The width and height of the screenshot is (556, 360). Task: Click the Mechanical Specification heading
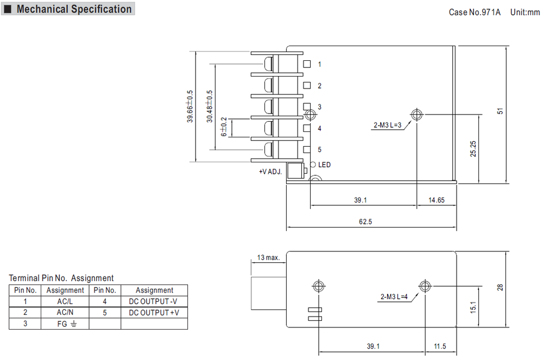(74, 9)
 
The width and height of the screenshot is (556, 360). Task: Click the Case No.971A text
(474, 12)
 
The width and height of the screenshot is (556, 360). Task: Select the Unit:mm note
(525, 12)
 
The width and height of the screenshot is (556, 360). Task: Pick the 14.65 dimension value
(436, 200)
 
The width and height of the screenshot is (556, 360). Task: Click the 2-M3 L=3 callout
(387, 125)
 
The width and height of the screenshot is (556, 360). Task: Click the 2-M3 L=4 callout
(394, 297)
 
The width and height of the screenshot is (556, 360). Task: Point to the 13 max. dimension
(268, 257)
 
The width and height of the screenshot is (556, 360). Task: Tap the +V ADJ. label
(270, 172)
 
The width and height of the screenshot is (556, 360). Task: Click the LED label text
(324, 165)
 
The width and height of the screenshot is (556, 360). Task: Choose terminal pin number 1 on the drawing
(319, 65)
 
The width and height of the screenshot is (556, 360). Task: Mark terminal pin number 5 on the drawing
(319, 149)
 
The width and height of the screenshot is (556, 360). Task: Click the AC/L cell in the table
(65, 301)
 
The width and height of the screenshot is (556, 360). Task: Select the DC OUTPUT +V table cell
(154, 313)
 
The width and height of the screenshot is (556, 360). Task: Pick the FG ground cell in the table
(66, 324)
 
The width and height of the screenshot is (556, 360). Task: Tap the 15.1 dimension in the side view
(473, 307)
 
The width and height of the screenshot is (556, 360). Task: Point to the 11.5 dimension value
(440, 346)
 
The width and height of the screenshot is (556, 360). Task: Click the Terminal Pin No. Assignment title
(61, 278)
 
